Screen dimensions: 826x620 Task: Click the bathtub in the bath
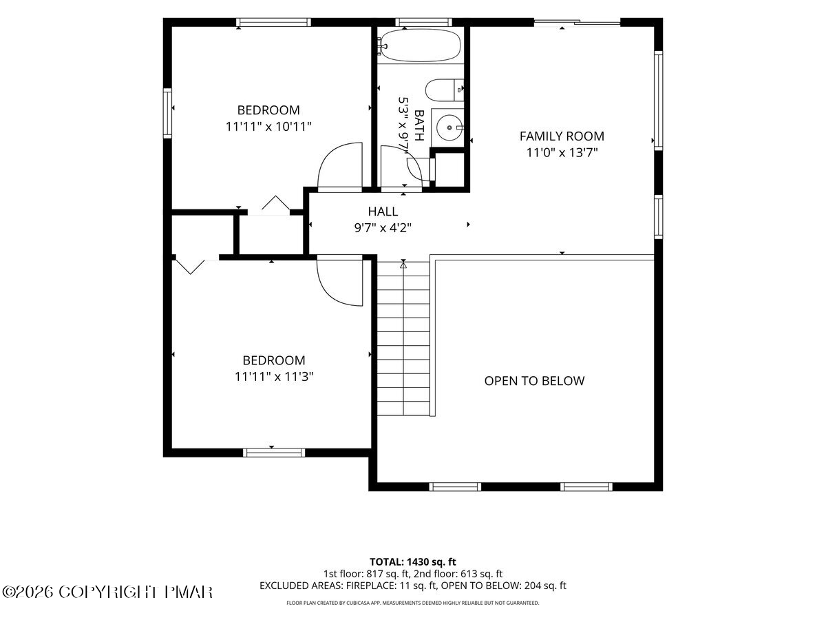click(420, 45)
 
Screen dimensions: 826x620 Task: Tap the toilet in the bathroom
click(445, 90)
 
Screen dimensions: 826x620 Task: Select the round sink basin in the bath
click(449, 127)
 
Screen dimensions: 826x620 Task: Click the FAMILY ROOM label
click(562, 136)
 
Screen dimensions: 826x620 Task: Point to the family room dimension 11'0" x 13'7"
click(562, 153)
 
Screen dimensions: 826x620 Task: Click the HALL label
click(383, 211)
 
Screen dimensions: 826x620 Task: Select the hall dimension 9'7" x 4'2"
click(383, 228)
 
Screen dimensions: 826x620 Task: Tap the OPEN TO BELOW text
click(534, 381)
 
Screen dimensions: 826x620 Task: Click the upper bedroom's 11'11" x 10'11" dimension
click(268, 127)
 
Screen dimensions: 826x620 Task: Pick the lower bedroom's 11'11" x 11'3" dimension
click(274, 377)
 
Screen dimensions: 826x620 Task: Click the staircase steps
click(403, 339)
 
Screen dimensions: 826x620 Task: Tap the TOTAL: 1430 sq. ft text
click(413, 561)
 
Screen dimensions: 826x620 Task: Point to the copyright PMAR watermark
click(107, 592)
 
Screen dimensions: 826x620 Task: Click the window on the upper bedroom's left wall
click(167, 113)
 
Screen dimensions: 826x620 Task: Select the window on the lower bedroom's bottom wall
click(273, 453)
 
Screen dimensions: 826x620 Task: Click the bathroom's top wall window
click(423, 22)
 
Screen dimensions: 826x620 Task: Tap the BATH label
click(419, 125)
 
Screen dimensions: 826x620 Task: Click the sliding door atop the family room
click(577, 23)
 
